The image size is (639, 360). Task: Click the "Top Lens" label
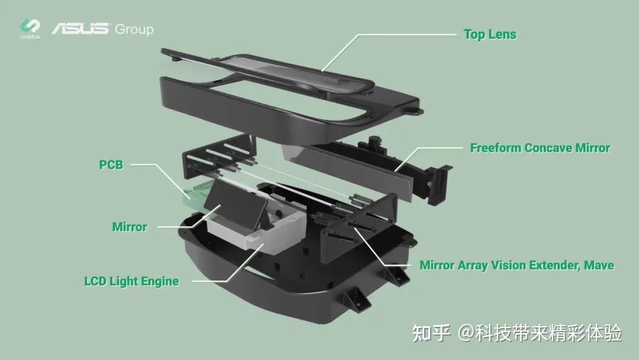tap(490, 34)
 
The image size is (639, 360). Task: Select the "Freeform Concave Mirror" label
tap(540, 148)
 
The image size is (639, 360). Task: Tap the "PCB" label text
tap(111, 165)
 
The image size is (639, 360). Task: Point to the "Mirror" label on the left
tap(129, 227)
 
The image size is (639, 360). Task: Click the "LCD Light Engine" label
tap(131, 281)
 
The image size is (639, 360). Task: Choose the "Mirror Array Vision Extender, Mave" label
tap(517, 265)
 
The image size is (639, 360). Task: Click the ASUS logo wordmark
tap(80, 28)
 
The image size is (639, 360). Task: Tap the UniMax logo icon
tap(30, 27)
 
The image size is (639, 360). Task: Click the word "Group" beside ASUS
tap(134, 29)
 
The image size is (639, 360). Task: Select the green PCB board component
tap(195, 193)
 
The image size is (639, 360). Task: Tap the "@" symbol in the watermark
tap(466, 333)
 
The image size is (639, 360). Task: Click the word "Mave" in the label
tap(599, 265)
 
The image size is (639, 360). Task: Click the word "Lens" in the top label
tap(502, 34)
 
